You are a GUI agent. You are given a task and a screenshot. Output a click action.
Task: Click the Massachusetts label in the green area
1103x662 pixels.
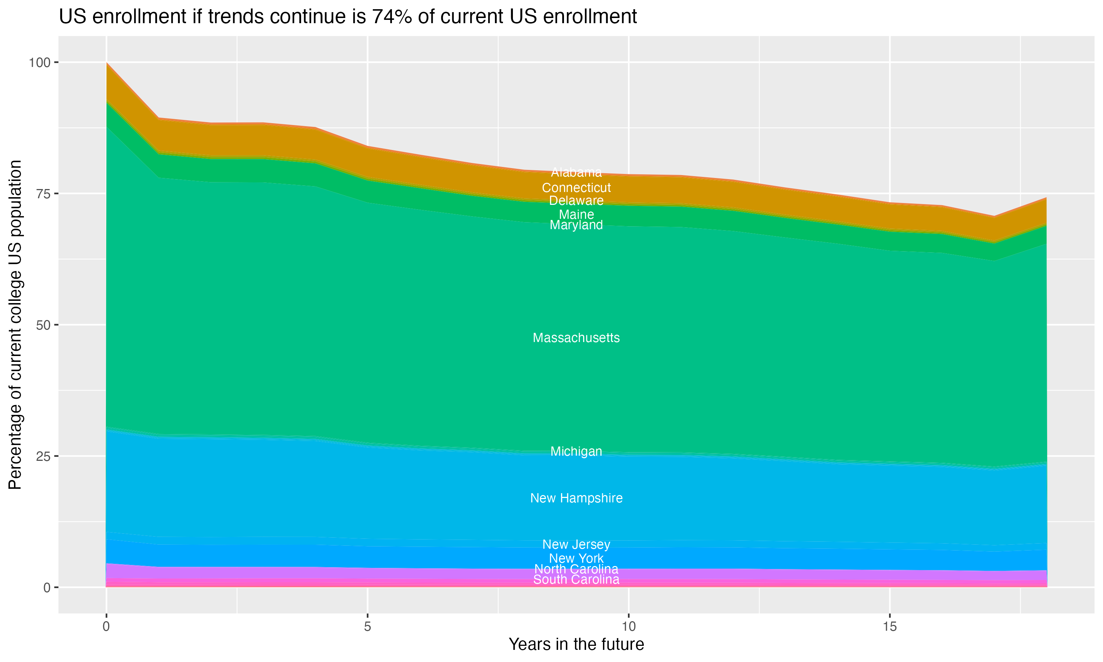coord(576,338)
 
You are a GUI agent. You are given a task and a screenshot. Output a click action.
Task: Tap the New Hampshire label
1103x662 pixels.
coord(576,498)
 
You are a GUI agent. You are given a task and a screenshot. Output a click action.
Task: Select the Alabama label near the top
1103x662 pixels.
coord(576,172)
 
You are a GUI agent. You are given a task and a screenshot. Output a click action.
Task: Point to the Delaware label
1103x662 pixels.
coord(576,201)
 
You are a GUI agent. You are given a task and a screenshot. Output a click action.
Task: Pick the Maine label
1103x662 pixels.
coord(576,214)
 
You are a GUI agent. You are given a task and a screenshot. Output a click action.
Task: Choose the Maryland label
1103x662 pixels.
coord(576,225)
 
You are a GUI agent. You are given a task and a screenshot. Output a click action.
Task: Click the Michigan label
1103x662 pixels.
coord(576,451)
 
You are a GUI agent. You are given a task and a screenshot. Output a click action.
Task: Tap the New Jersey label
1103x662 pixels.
coord(576,544)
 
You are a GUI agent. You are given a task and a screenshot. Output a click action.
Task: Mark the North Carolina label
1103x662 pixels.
coord(576,569)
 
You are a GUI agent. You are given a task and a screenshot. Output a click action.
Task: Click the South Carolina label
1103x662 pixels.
coord(576,580)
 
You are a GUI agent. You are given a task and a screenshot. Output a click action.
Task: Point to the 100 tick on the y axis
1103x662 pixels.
coord(39,63)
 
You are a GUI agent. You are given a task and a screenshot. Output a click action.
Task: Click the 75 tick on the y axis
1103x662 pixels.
coord(44,193)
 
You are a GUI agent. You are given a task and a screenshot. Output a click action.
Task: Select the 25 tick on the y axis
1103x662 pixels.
coord(44,456)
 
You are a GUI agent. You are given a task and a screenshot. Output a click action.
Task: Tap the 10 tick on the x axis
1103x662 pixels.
coord(628,627)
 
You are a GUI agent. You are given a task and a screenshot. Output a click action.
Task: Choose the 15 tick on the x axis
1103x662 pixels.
coord(889,627)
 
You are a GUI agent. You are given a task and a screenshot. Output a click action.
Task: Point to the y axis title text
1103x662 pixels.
coord(15,324)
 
